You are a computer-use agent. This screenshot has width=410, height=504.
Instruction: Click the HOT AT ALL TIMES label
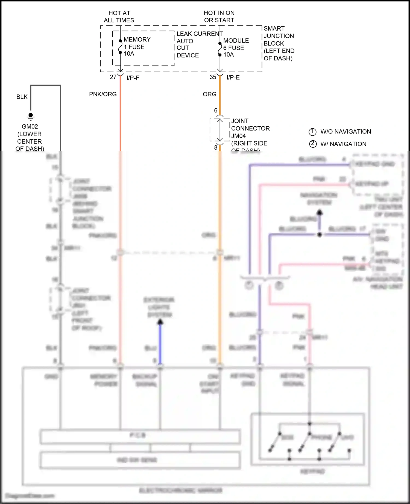[119, 17]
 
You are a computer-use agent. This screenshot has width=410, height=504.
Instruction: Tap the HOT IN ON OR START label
[219, 16]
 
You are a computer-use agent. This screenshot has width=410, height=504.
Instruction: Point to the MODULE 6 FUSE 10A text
[236, 48]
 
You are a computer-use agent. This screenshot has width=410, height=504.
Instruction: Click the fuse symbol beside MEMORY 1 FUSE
[120, 47]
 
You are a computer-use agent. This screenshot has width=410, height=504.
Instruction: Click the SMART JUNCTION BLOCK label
[279, 43]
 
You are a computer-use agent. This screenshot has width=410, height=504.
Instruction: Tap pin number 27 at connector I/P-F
[113, 77]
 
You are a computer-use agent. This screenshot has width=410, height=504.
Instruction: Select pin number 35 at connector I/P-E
[213, 77]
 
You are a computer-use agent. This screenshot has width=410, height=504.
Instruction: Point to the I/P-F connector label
[133, 78]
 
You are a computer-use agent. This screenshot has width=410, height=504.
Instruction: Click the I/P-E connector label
[233, 78]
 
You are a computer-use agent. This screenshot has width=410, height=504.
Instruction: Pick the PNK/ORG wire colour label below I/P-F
[103, 94]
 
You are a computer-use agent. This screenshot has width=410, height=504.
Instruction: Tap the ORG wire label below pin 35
[209, 94]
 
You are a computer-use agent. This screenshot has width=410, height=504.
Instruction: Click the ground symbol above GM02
[31, 117]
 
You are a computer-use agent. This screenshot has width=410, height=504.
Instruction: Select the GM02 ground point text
[30, 127]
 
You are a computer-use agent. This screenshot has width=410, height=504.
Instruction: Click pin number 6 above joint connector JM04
[216, 110]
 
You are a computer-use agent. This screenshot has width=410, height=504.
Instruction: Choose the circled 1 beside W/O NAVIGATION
[312, 132]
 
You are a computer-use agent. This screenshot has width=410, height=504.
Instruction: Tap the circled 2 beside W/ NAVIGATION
[313, 144]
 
